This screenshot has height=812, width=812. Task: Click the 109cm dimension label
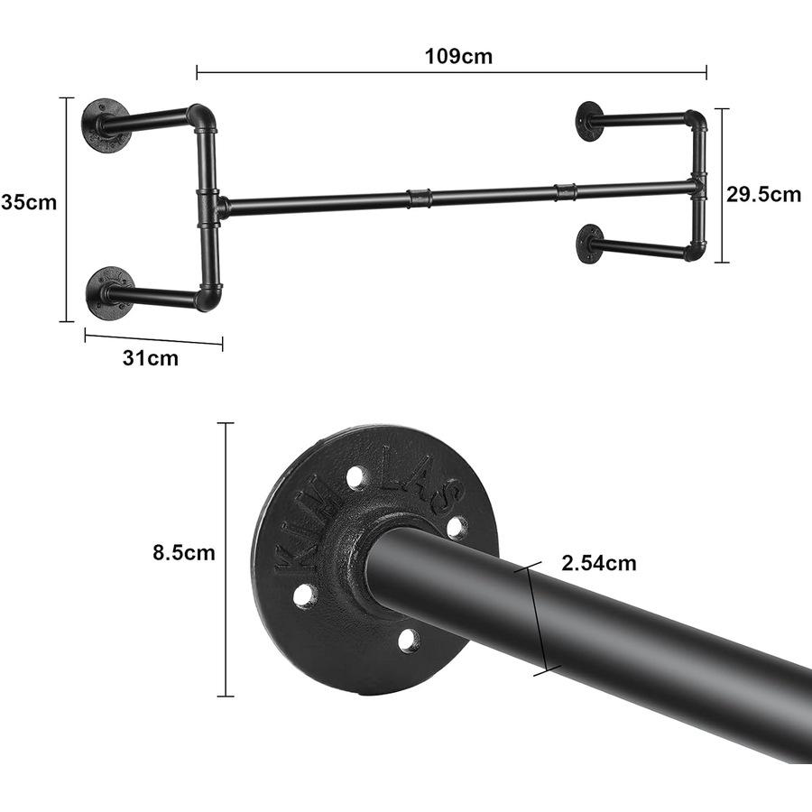(x=459, y=56)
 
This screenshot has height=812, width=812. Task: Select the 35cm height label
(x=29, y=202)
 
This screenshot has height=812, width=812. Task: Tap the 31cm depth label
(x=150, y=358)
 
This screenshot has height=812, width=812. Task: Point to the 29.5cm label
(x=763, y=194)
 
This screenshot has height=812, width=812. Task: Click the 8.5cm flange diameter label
(x=183, y=552)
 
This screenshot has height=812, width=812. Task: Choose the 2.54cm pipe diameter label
(x=598, y=564)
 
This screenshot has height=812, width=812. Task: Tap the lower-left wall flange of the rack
(x=109, y=291)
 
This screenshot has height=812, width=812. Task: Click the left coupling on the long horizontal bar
(x=419, y=197)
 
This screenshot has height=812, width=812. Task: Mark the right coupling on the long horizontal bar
(x=566, y=190)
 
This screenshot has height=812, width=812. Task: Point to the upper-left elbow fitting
(x=202, y=117)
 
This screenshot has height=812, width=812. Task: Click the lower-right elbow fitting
(x=695, y=248)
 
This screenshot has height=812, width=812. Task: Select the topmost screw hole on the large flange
(x=355, y=475)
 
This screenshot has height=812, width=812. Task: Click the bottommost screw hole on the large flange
(x=408, y=640)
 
